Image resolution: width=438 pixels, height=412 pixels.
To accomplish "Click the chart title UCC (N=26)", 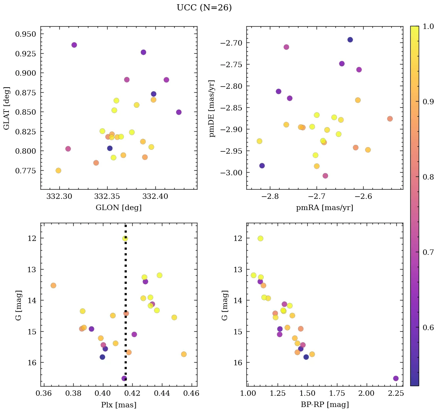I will [204, 8].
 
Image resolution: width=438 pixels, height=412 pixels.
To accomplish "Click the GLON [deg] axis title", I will [118, 208].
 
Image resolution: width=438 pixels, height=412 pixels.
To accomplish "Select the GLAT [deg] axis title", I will [7, 108].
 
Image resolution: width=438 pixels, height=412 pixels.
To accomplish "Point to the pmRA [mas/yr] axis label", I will [324, 208].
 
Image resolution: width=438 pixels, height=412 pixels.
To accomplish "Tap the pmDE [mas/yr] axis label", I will [212, 109].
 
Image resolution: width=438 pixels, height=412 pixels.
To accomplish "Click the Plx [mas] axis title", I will [118, 405].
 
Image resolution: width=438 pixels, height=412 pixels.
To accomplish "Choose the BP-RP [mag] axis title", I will [324, 405].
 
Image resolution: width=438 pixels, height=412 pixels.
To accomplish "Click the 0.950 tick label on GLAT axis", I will [25, 34].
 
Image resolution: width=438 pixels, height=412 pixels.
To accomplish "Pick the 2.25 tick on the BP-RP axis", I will [396, 393].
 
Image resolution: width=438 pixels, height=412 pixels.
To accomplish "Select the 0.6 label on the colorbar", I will [428, 327].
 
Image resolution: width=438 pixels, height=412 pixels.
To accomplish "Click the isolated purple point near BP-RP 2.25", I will [396, 378].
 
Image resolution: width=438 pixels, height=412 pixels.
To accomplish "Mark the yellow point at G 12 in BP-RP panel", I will [260, 238].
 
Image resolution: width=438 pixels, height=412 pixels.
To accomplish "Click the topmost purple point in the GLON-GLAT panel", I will [74, 45].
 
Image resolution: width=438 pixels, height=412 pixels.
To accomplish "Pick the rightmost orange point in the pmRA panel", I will [390, 119].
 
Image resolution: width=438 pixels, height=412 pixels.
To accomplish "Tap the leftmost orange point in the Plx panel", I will [53, 285].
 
